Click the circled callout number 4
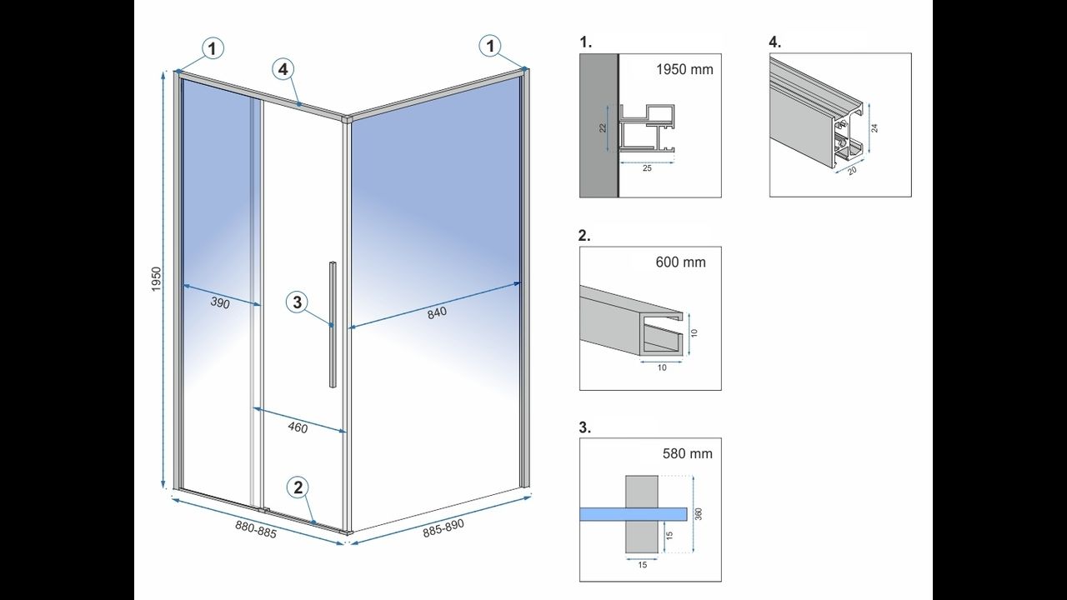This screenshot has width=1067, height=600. [x=284, y=70]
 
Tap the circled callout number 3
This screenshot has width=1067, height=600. [x=298, y=302]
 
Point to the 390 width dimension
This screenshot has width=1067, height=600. [x=219, y=303]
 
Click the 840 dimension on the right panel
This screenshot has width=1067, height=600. [x=438, y=312]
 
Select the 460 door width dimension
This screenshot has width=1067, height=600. [x=298, y=428]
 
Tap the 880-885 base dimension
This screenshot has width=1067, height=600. [x=255, y=529]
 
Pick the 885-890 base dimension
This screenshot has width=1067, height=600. [x=443, y=527]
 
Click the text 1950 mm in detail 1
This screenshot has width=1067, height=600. [x=685, y=69]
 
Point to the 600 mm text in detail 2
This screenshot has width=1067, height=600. [x=681, y=262]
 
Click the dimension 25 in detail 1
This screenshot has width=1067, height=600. [x=647, y=167]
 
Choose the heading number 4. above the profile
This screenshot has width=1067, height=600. [x=774, y=42]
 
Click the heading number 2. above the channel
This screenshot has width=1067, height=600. [x=584, y=235]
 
